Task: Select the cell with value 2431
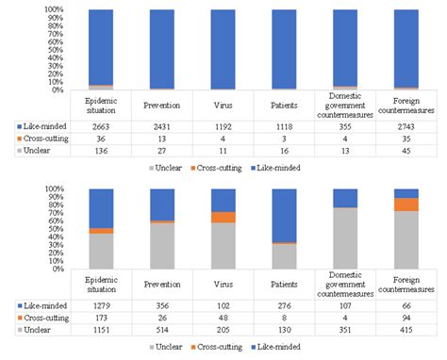coord(161,125)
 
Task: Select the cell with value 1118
coord(284,125)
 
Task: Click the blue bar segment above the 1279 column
coord(101,207)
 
